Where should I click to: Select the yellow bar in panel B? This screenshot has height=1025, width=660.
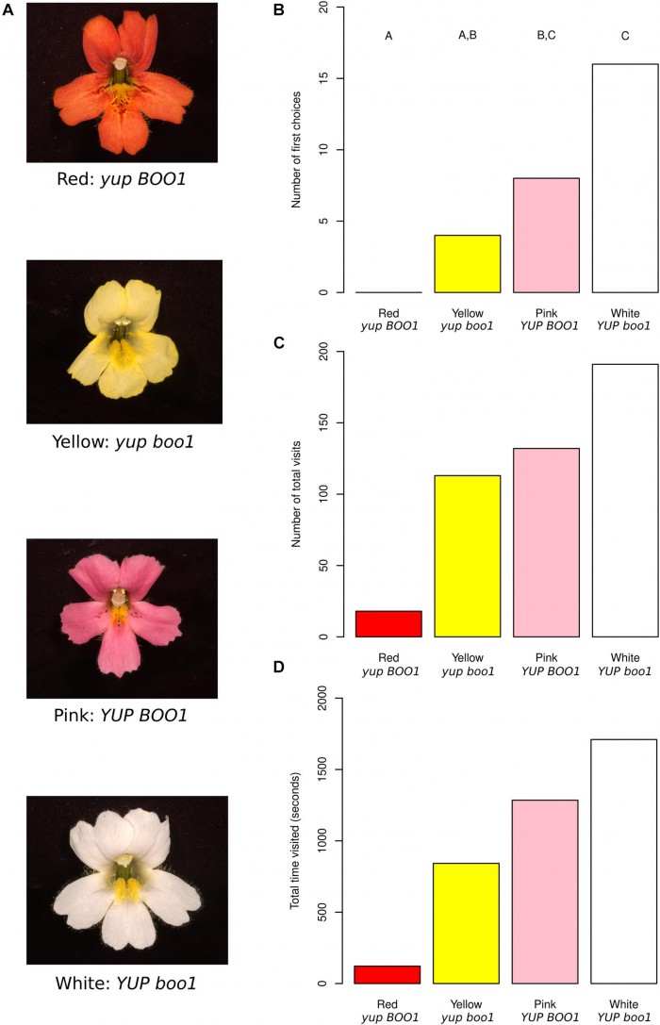point(467,264)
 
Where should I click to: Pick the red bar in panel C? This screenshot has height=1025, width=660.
point(388,623)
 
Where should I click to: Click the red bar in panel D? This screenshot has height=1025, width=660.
point(388,974)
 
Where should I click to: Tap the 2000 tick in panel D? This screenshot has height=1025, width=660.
point(317,698)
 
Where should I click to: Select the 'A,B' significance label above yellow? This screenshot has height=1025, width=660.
point(467,37)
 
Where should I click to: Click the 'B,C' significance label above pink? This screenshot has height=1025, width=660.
point(546,37)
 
